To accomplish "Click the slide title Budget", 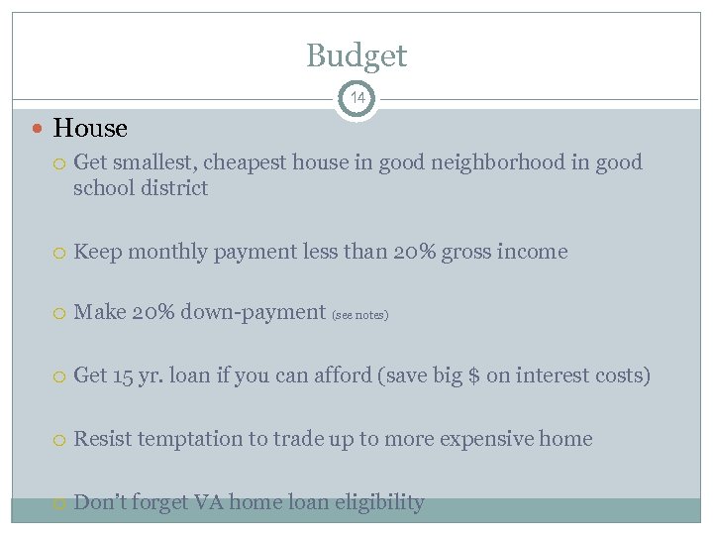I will (x=356, y=55).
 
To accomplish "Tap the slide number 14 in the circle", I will (x=356, y=98).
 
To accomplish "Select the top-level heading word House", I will (x=90, y=129).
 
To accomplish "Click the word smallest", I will (x=151, y=162).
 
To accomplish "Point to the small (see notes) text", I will (x=360, y=315).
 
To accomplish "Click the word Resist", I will (x=102, y=439).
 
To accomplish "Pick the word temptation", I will (x=195, y=439).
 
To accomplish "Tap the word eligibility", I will (x=379, y=503).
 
